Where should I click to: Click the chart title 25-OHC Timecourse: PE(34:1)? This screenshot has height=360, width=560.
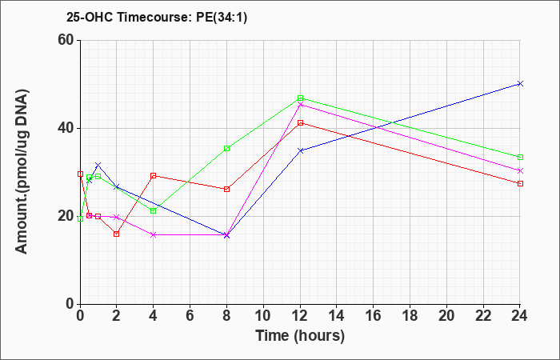pyautogui.click(x=157, y=18)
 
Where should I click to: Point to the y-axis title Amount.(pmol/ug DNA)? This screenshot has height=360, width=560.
pyautogui.click(x=22, y=171)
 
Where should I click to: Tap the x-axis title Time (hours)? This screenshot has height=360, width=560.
pyautogui.click(x=300, y=336)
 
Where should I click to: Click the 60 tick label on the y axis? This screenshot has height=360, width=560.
pyautogui.click(x=66, y=40)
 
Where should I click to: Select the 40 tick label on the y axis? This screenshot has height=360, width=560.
pyautogui.click(x=66, y=128)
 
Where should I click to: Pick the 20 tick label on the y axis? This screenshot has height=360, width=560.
pyautogui.click(x=66, y=216)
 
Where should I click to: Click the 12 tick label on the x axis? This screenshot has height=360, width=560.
pyautogui.click(x=300, y=316)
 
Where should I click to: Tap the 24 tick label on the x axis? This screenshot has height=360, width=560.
pyautogui.click(x=520, y=316)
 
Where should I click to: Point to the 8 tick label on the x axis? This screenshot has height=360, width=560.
pyautogui.click(x=226, y=316)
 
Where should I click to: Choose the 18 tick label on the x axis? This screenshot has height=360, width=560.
pyautogui.click(x=410, y=316)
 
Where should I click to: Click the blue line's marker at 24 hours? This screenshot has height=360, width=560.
pyautogui.click(x=520, y=83)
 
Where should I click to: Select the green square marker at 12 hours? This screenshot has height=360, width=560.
pyautogui.click(x=300, y=98)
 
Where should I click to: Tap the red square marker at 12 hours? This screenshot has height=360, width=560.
pyautogui.click(x=300, y=123)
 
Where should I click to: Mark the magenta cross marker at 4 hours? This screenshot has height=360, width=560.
pyautogui.click(x=154, y=234)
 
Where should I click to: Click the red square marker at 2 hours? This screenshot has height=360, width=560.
pyautogui.click(x=117, y=234)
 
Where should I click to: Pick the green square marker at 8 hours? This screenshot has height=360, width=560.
pyautogui.click(x=226, y=148)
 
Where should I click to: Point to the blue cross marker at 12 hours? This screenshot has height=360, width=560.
pyautogui.click(x=300, y=150)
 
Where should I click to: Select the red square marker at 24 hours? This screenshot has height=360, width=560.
pyautogui.click(x=520, y=183)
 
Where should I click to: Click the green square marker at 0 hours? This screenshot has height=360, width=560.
pyautogui.click(x=80, y=218)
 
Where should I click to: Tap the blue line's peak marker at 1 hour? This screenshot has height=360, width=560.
pyautogui.click(x=98, y=165)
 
